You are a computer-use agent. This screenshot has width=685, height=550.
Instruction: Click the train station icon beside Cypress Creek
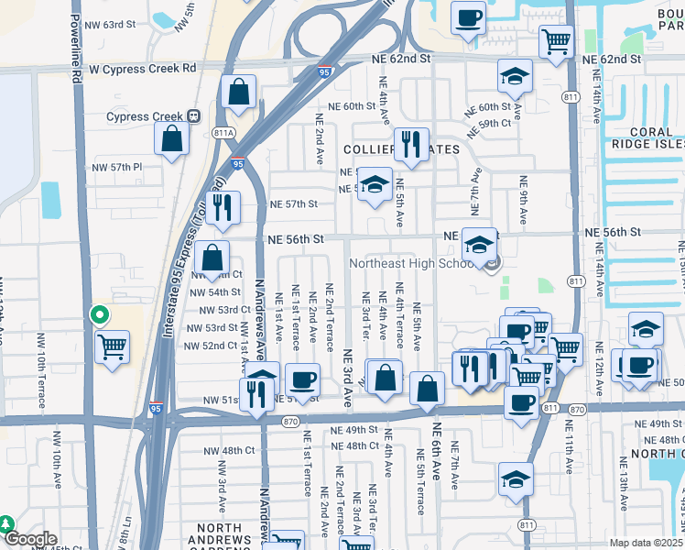click(193, 116)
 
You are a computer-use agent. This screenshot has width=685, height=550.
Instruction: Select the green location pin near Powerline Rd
click(100, 316)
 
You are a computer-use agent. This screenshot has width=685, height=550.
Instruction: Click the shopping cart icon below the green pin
click(113, 347)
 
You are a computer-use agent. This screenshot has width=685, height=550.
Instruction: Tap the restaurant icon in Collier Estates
click(411, 144)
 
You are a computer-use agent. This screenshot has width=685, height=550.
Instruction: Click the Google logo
click(29, 540)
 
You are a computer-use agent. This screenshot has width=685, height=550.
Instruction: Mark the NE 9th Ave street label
click(524, 201)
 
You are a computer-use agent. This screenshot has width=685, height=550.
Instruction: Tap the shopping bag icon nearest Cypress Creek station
click(171, 139)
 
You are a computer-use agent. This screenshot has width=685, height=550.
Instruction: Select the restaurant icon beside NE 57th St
click(223, 208)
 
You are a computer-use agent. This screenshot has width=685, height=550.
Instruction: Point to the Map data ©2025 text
click(647, 543)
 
